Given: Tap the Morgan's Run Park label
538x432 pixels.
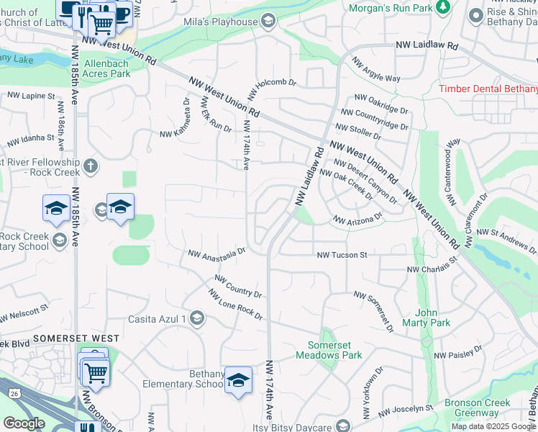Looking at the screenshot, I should pos(391,8).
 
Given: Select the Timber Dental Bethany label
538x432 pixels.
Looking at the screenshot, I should pos(488,89).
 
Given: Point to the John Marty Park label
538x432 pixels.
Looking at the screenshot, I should pos(432,318).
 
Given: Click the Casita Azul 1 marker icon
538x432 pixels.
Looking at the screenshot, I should pos(197,319).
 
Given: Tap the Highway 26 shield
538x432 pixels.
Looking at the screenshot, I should pos(14,393).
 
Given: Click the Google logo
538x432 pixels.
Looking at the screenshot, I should pos(24,423).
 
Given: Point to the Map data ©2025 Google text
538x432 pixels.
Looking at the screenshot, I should pos(493,426).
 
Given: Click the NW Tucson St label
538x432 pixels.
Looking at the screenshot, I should pos(342,255).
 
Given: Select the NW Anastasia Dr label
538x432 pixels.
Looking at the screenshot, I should pos(216,253).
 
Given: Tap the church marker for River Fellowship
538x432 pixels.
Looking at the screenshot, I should pos(89,166).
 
